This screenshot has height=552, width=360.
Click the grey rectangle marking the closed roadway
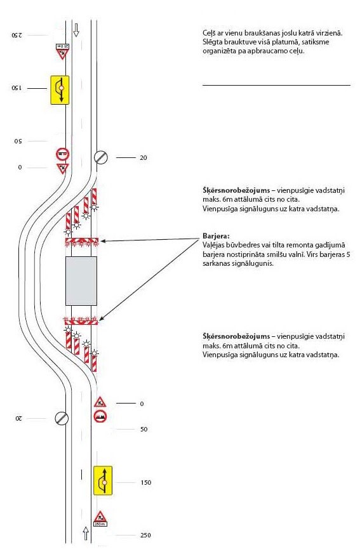pyautogui.click(x=81, y=281)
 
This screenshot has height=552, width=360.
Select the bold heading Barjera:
pyautogui.click(x=216, y=236)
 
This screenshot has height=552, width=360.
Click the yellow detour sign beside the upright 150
pyautogui.click(x=103, y=480)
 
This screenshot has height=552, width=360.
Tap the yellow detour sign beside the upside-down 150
pyautogui.click(x=60, y=90)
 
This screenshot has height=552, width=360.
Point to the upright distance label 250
pyautogui.click(x=145, y=535)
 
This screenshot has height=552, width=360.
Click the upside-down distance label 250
pyautogui.click(x=17, y=35)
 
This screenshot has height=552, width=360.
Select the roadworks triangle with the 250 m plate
pyautogui.click(x=100, y=518)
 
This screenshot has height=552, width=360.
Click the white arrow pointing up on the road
pyautogui.click(x=86, y=534)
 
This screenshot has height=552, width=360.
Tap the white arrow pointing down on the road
pyautogui.click(x=76, y=30)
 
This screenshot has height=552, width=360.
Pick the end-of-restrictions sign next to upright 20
pyautogui.click(x=101, y=157)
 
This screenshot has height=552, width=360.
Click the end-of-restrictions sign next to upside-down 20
pyautogui.click(x=62, y=418)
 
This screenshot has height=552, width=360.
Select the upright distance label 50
pyautogui.click(x=143, y=429)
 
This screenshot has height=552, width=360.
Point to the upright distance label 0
pyautogui.click(x=142, y=404)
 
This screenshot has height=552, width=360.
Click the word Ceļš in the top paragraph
pyautogui.click(x=210, y=34)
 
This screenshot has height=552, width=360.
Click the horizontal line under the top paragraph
pyautogui.click(x=277, y=85)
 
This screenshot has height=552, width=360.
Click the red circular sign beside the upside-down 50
pyautogui.click(x=62, y=154)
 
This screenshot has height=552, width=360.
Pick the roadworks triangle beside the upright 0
pyautogui.click(x=100, y=402)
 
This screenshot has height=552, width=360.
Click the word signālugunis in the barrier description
pyautogui.click(x=256, y=263)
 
